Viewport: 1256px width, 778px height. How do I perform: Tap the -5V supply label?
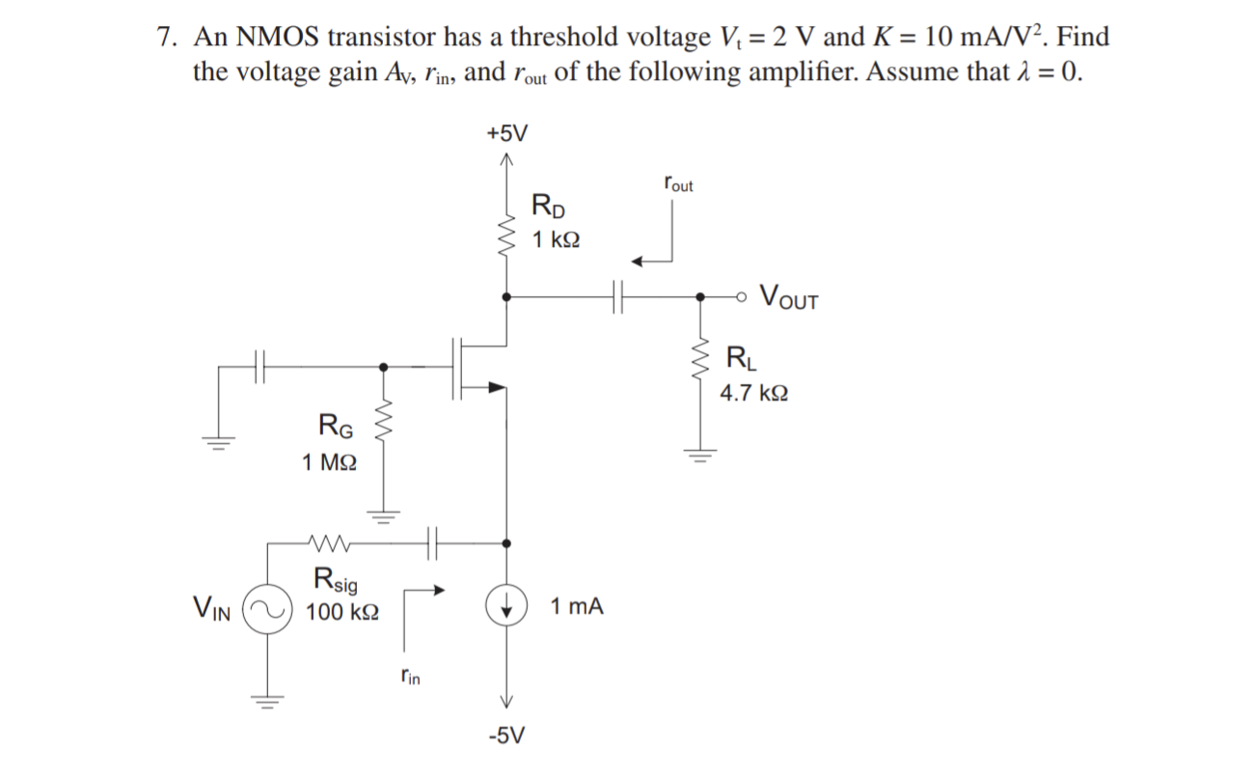pyautogui.click(x=506, y=736)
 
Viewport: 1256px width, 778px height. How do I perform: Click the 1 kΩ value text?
pyautogui.click(x=556, y=239)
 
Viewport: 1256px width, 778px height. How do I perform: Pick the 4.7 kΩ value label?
pyautogui.click(x=754, y=394)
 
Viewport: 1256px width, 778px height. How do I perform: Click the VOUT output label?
pyautogui.click(x=788, y=297)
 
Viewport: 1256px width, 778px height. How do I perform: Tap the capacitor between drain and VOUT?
pyautogui.click(x=617, y=297)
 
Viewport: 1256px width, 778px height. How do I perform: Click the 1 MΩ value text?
pyautogui.click(x=329, y=462)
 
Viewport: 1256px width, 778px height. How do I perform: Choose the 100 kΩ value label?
pyautogui.click(x=341, y=612)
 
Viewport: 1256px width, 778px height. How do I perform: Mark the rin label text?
pyautogui.click(x=409, y=678)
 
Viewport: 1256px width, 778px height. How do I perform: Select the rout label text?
pyautogui.click(x=678, y=183)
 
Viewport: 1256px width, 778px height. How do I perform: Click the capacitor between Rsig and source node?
pyautogui.click(x=432, y=542)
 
